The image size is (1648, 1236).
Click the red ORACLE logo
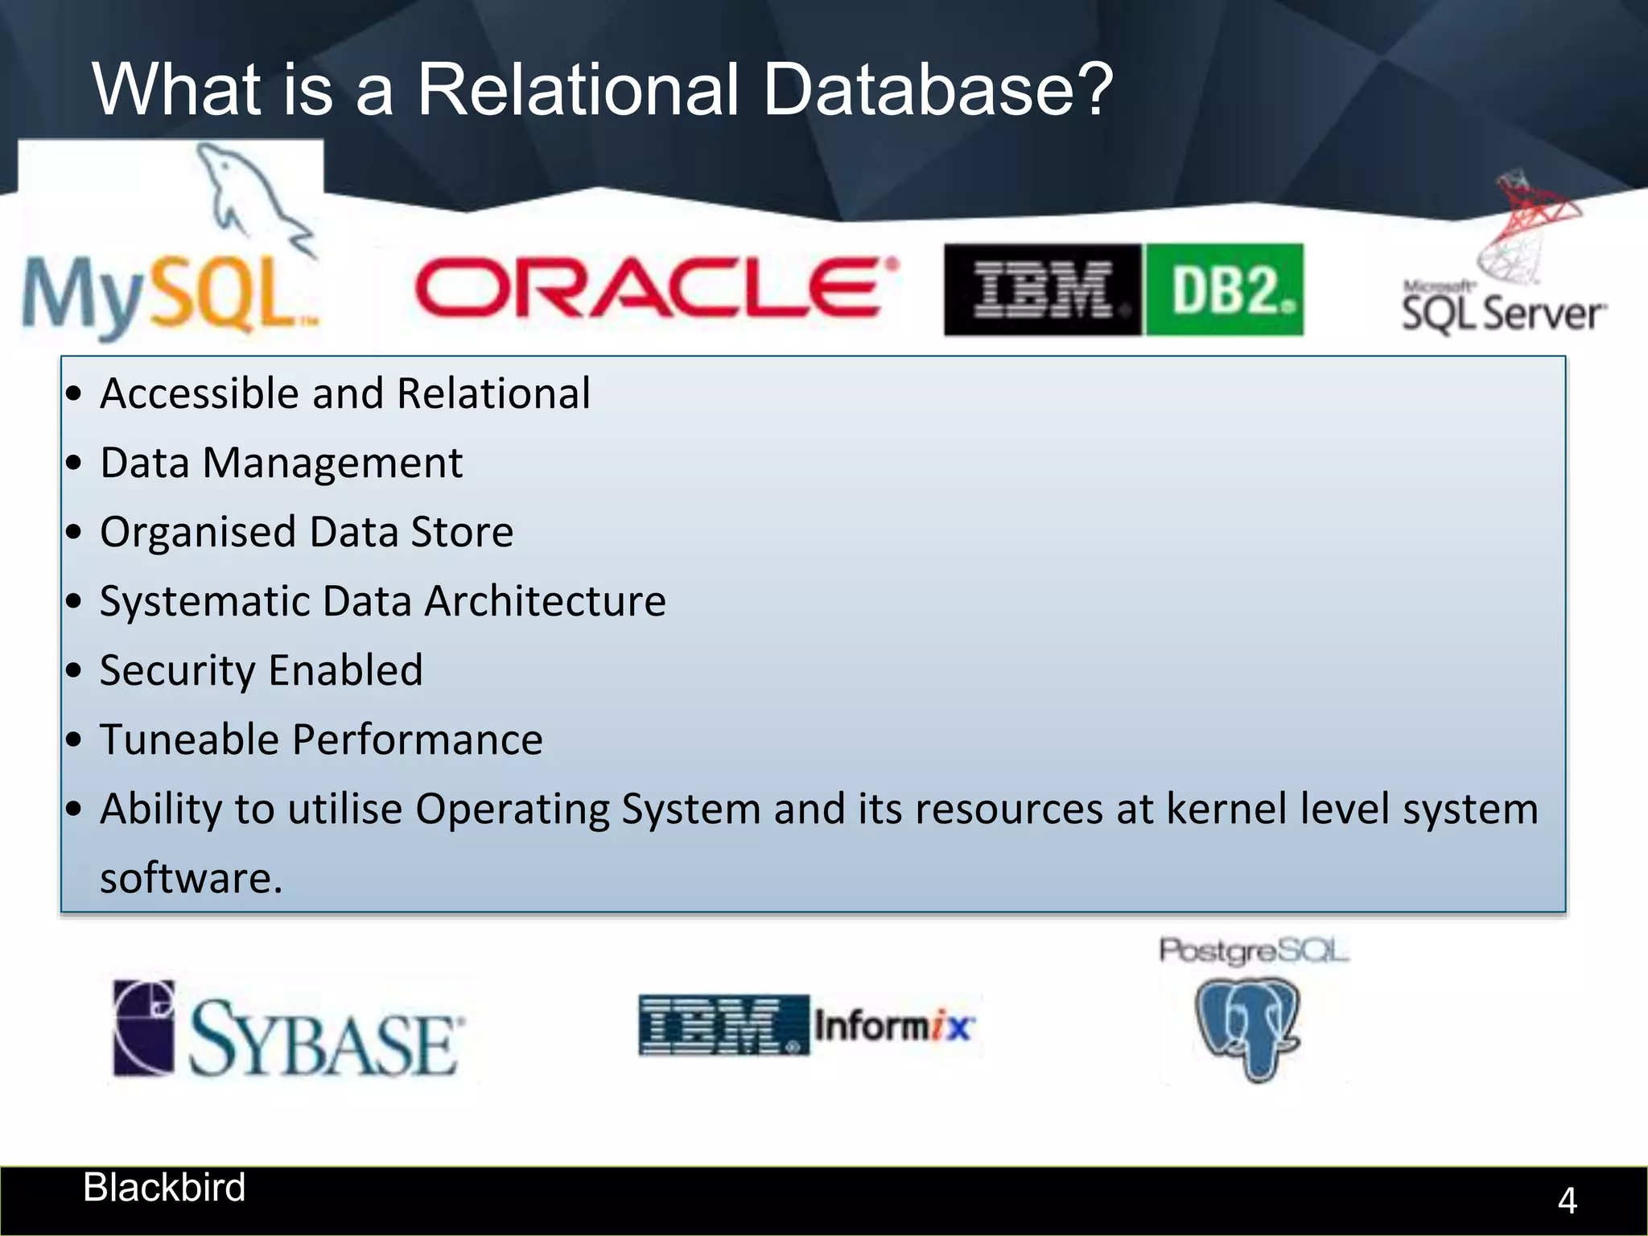click(656, 287)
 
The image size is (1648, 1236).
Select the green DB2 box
click(1224, 290)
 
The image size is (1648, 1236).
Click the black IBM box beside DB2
click(1042, 290)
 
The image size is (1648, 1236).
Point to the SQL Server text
click(1502, 313)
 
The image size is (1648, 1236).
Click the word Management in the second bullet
click(332, 463)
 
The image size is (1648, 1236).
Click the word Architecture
click(545, 602)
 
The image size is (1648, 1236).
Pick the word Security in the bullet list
click(177, 671)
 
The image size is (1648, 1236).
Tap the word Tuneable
click(189, 740)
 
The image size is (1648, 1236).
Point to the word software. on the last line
click(192, 878)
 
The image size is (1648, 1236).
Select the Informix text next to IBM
click(893, 1026)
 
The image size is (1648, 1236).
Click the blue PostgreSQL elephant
click(1247, 1026)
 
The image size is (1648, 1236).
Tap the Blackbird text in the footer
click(164, 1188)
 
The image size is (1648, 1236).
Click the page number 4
click(1567, 1201)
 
